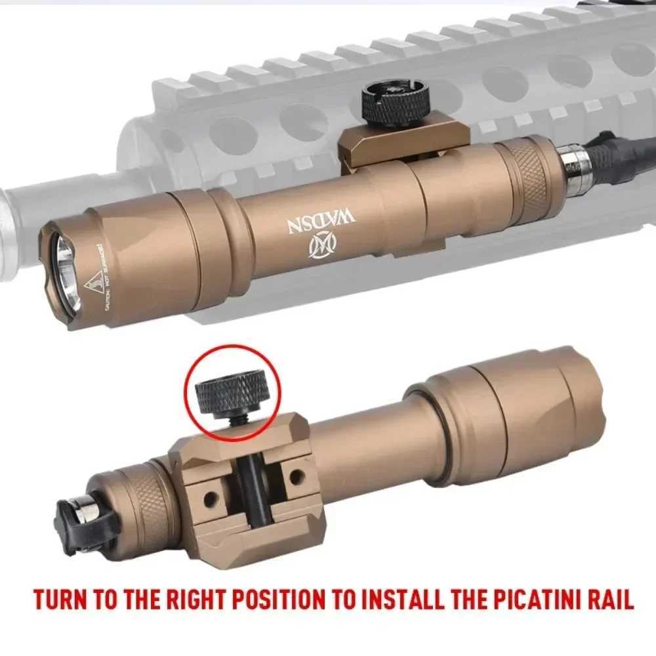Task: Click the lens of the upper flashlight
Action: (x=67, y=272)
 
